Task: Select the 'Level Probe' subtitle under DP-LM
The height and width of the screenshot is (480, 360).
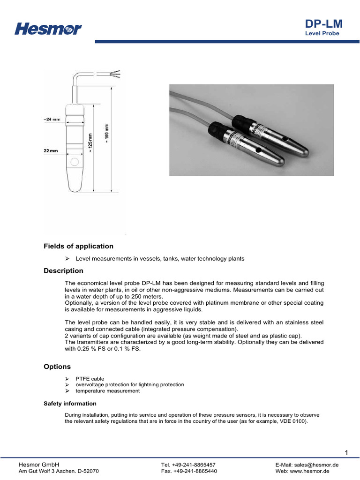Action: point(322,34)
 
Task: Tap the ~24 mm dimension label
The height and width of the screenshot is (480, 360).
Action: point(52,119)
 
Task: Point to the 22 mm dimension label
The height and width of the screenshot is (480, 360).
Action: point(52,151)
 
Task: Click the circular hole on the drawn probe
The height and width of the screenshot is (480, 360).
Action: point(74,162)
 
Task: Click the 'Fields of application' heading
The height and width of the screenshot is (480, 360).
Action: point(78,246)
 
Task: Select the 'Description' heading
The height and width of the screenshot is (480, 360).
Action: point(63,270)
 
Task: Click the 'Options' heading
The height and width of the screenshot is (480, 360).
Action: point(57,366)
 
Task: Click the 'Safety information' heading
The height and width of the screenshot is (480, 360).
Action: point(70,403)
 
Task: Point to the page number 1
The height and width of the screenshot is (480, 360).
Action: point(346,452)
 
